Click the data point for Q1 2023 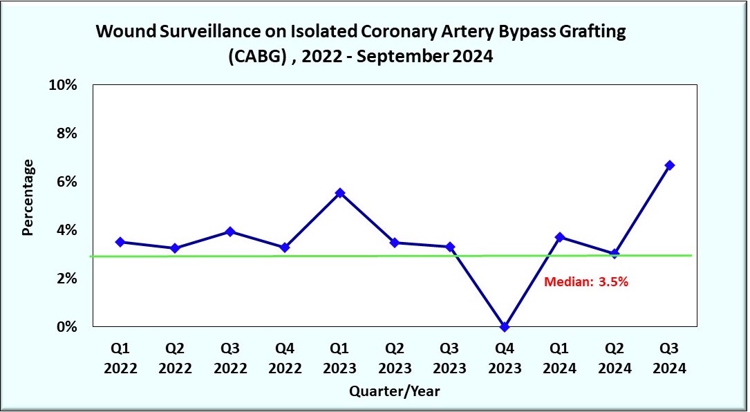click(x=339, y=193)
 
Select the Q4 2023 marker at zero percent click(x=505, y=326)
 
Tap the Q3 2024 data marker click(x=669, y=165)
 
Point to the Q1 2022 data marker click(x=120, y=242)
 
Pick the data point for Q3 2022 click(x=230, y=232)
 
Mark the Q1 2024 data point click(x=559, y=237)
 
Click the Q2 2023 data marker click(x=395, y=243)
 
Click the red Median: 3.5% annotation click(x=585, y=281)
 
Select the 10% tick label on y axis click(x=62, y=85)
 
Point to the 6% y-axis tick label click(x=66, y=182)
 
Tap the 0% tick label click(x=66, y=327)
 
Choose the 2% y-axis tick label click(x=66, y=279)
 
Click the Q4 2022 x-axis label click(x=285, y=357)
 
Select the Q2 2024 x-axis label click(x=615, y=357)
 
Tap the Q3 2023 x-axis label click(x=449, y=357)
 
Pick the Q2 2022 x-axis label click(x=175, y=357)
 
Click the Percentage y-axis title click(x=28, y=198)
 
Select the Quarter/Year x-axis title click(x=394, y=391)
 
